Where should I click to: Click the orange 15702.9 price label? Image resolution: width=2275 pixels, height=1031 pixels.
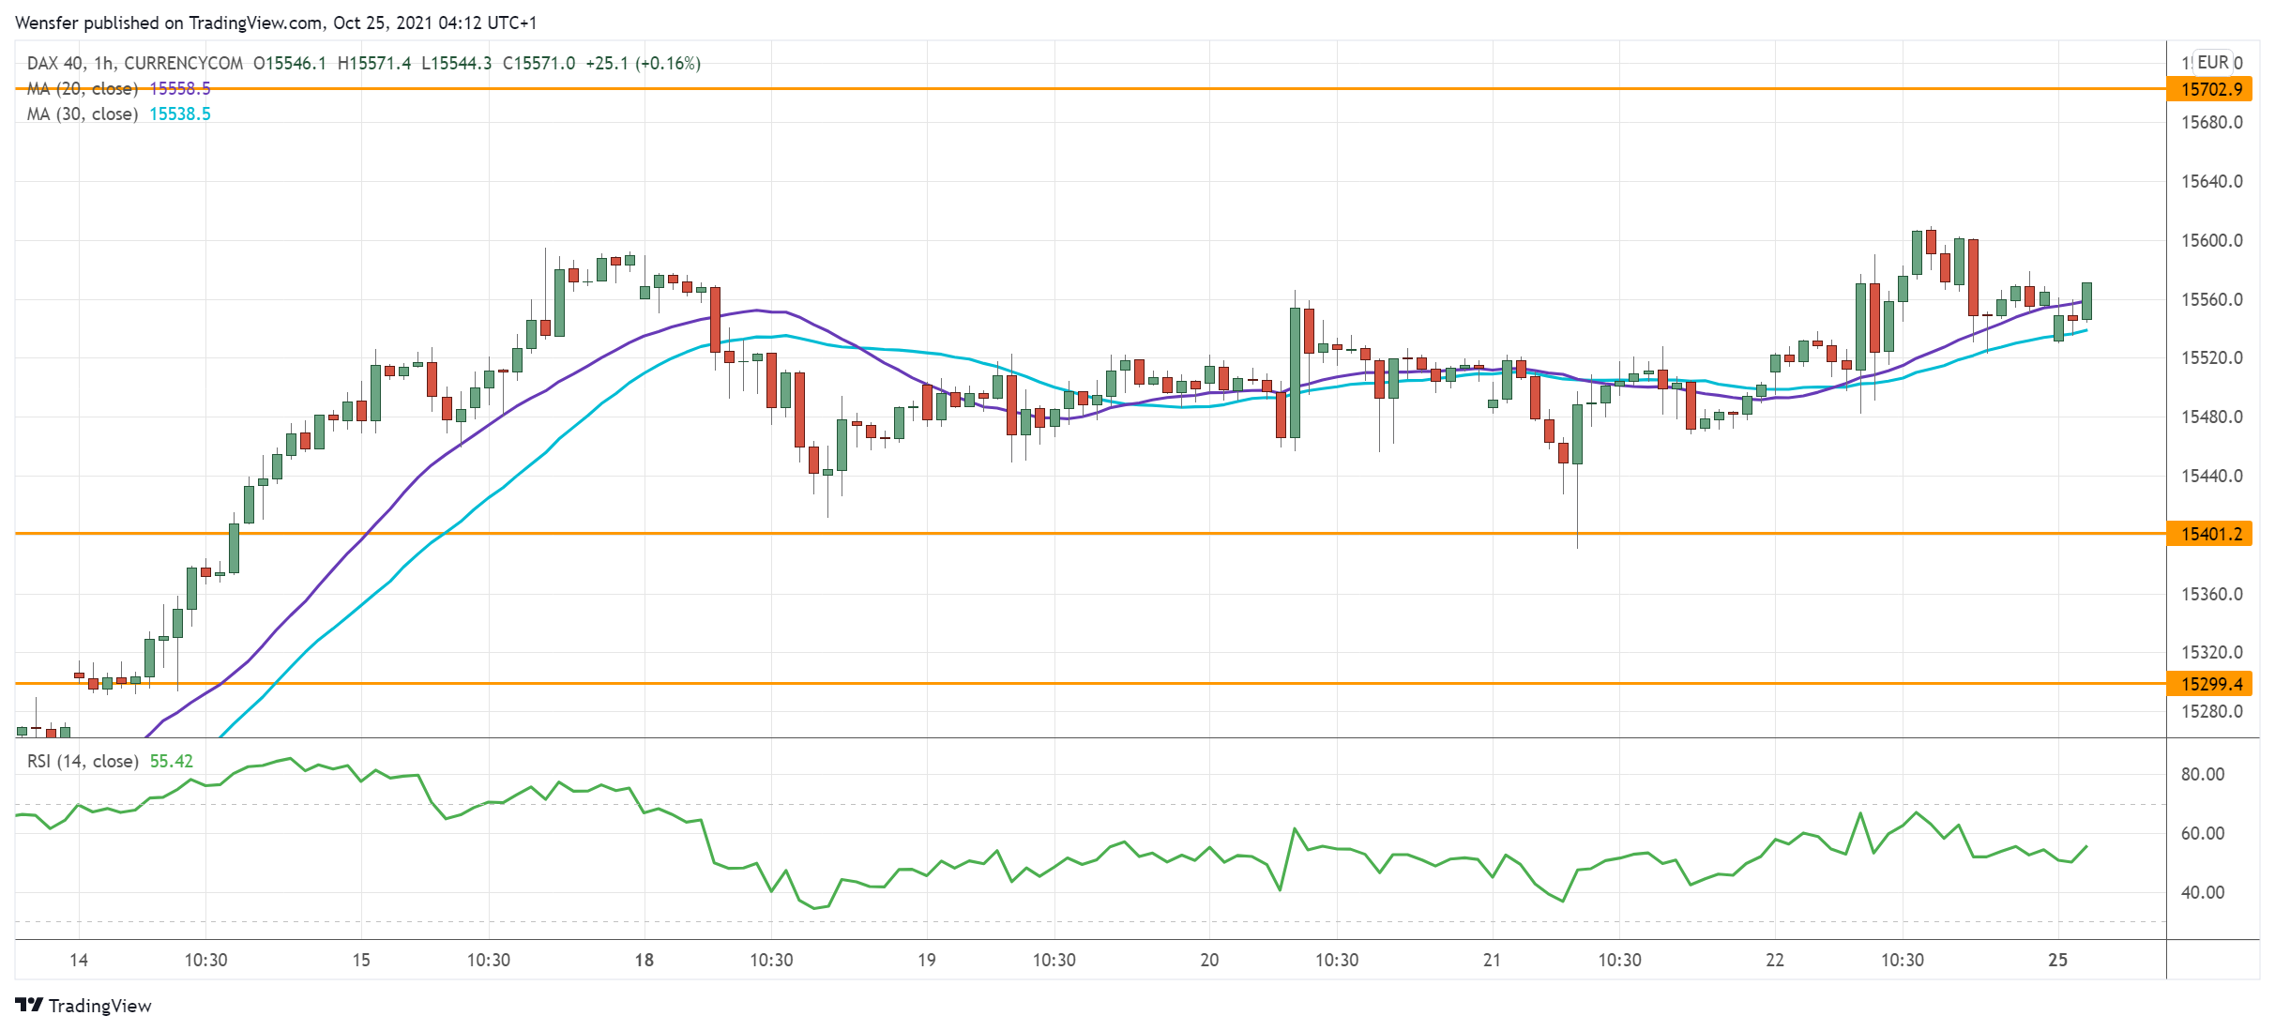click(x=2210, y=89)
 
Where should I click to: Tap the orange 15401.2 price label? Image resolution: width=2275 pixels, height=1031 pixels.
click(x=2210, y=534)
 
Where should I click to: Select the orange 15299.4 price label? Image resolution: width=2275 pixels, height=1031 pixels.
click(x=2210, y=684)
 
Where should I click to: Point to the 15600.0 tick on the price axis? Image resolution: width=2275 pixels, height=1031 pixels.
click(x=2211, y=240)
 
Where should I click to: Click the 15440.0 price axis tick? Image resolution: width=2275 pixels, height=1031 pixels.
click(x=2211, y=476)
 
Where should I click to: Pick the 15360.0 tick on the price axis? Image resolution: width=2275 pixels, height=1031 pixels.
click(x=2211, y=594)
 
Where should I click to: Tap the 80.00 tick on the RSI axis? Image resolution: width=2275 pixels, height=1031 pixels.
click(x=2202, y=774)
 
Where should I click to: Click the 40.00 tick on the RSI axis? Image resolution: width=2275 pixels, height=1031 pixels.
click(x=2202, y=892)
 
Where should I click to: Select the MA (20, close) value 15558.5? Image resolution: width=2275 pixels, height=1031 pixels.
click(x=180, y=89)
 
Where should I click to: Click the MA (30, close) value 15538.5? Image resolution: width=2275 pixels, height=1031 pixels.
click(x=180, y=114)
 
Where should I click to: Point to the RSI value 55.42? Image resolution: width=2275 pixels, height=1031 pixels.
click(x=172, y=761)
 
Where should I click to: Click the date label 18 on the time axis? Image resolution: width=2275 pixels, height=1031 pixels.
click(x=644, y=960)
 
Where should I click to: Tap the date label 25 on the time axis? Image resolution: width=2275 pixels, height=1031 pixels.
click(x=2057, y=960)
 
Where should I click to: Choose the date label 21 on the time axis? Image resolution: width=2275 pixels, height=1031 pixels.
click(x=1492, y=960)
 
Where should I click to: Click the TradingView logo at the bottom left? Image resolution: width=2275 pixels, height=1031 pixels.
click(x=83, y=1006)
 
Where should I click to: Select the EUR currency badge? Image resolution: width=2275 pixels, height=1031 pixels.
click(x=2213, y=62)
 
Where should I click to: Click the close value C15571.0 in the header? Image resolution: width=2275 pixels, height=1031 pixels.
click(x=539, y=64)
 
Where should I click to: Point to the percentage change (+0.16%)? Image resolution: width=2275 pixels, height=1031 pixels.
click(x=668, y=64)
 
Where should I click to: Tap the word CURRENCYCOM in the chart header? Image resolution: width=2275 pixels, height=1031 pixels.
click(x=184, y=64)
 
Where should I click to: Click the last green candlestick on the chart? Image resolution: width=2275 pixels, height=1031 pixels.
click(x=2086, y=301)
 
